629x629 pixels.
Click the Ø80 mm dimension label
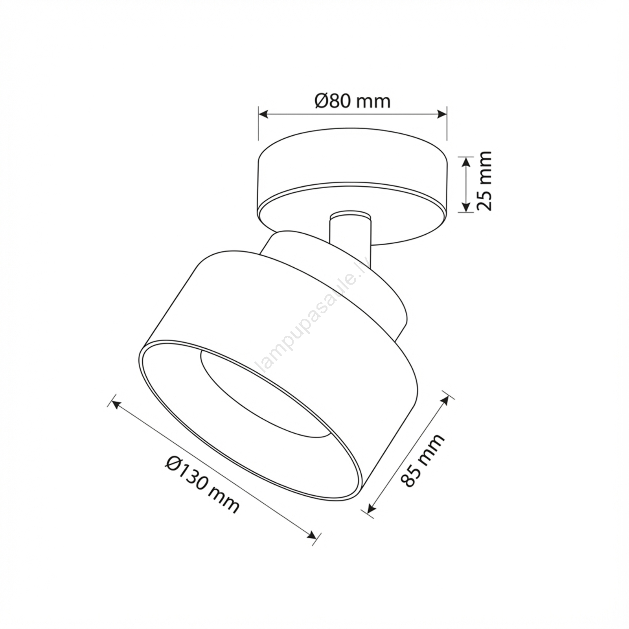click(352, 101)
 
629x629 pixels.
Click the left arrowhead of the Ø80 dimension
click(263, 114)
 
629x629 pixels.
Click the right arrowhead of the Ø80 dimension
click(443, 114)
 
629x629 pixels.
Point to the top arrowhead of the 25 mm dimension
click(465, 161)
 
